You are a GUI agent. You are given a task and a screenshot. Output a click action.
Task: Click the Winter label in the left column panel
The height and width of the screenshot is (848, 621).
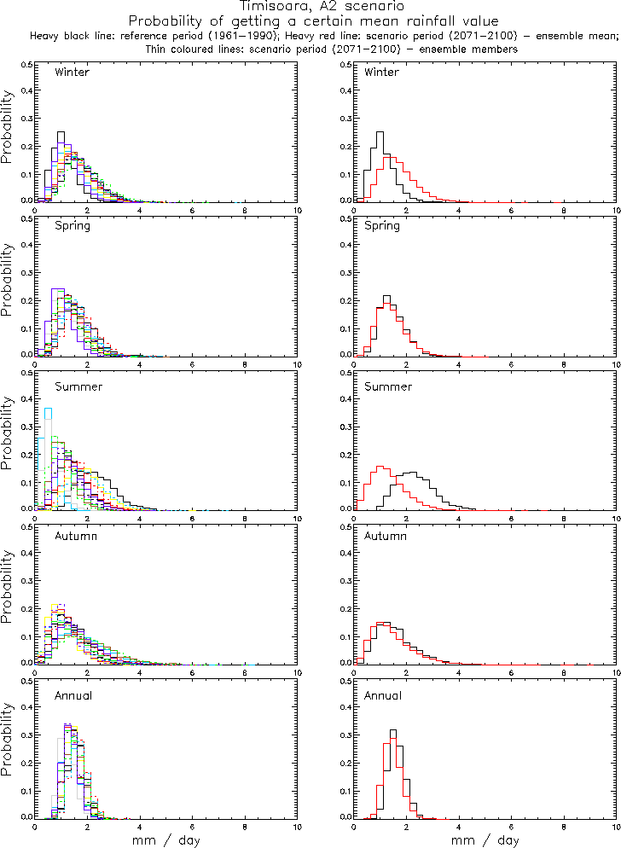pyautogui.click(x=72, y=72)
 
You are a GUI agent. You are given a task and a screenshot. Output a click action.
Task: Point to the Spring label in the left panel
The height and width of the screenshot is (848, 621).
pyautogui.click(x=72, y=226)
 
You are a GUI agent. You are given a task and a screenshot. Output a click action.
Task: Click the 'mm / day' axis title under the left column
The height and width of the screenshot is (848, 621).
pyautogui.click(x=166, y=840)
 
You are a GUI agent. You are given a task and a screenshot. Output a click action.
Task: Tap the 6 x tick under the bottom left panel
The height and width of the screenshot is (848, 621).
pyautogui.click(x=193, y=826)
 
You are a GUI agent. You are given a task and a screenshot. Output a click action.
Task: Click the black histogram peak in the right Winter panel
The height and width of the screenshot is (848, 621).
pyautogui.click(x=380, y=132)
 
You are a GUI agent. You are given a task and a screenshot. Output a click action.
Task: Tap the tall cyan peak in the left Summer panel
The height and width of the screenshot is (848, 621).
pyautogui.click(x=49, y=409)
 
